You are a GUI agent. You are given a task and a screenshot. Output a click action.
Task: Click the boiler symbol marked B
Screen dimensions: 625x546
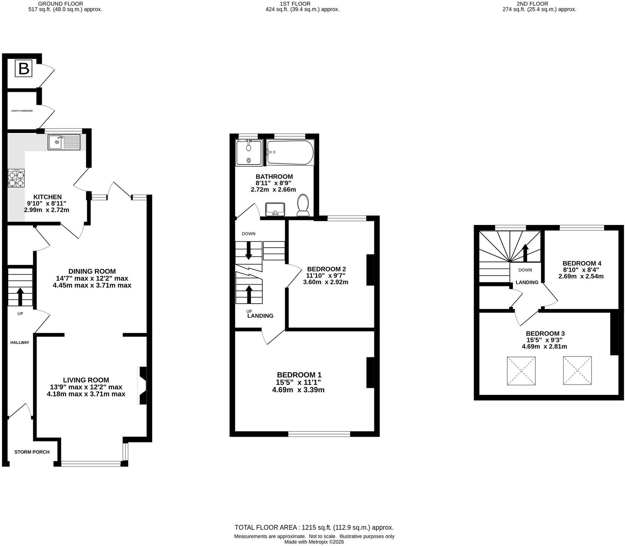coord(24,68)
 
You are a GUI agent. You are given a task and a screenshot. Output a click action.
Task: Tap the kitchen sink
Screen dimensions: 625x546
coord(64,142)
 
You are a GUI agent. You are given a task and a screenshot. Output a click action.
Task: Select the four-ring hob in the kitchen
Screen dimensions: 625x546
coord(16,178)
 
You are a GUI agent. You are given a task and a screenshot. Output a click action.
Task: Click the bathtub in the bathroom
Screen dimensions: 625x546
coord(290,152)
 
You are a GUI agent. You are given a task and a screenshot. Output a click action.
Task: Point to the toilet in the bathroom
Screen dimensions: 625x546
coord(303,205)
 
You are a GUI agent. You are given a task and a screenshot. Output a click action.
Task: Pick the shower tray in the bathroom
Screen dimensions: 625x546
coord(249,153)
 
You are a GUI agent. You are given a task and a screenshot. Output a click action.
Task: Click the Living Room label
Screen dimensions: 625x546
coord(86,380)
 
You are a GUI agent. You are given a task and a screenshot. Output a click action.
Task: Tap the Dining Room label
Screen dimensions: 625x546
coord(92,271)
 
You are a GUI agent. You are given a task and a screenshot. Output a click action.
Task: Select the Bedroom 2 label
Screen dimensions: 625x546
coord(327,269)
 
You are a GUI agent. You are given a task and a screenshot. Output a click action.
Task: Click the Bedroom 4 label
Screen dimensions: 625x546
coord(582,263)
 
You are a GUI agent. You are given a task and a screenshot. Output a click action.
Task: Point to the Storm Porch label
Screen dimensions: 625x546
coord(32,452)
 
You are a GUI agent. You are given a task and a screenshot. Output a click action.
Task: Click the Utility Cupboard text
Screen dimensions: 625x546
coord(22,111)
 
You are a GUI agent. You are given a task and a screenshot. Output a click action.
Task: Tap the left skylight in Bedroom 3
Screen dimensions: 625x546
coord(521,371)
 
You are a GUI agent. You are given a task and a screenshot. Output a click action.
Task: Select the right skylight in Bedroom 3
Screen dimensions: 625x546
coord(577,370)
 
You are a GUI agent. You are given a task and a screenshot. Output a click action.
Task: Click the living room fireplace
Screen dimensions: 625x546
coord(142,386)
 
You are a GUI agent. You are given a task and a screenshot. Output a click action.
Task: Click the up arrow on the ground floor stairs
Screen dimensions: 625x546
coord(20,297)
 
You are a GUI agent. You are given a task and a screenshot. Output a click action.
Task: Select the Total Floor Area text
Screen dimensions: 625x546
coord(314,528)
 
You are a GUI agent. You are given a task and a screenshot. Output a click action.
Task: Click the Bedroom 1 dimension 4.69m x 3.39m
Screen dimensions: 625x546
coord(298,390)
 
